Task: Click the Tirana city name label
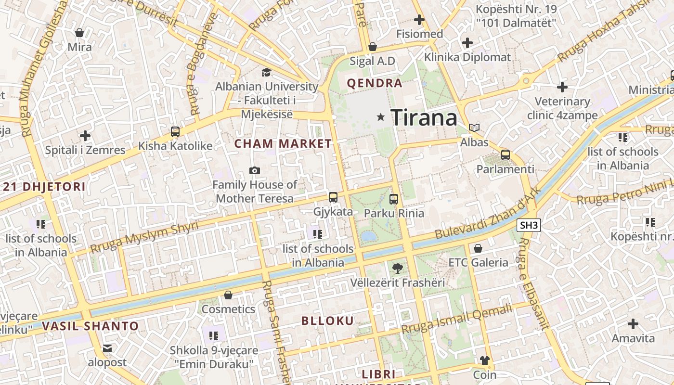click(x=423, y=117)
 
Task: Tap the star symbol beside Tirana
click(x=381, y=116)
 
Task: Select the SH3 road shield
click(x=529, y=225)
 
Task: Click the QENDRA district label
click(x=375, y=83)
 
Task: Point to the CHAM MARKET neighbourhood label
click(x=283, y=143)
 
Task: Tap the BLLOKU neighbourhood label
click(x=328, y=321)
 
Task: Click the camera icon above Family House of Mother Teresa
click(x=255, y=170)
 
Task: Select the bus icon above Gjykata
click(x=333, y=197)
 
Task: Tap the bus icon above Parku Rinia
click(x=394, y=199)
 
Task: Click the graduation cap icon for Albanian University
click(x=266, y=73)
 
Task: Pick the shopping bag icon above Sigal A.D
click(x=372, y=47)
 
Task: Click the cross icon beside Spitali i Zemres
click(x=85, y=136)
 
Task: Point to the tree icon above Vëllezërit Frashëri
click(x=397, y=268)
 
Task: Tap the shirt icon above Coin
click(x=484, y=360)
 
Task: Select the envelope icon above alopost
click(x=107, y=348)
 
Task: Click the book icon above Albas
click(x=474, y=128)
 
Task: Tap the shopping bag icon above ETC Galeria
click(x=478, y=248)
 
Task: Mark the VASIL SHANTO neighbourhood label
click(x=90, y=326)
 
